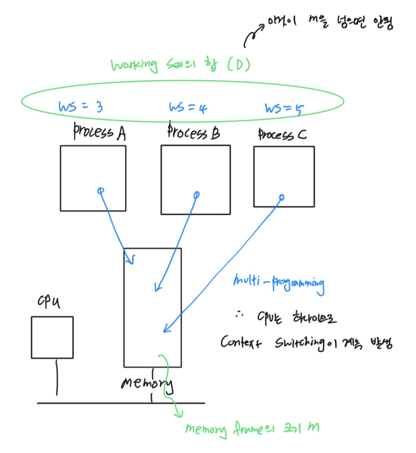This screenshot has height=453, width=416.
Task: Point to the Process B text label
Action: click(x=194, y=132)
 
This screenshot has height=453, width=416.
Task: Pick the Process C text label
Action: click(x=282, y=135)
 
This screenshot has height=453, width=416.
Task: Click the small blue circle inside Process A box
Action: click(x=100, y=190)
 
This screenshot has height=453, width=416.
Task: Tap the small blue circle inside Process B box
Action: click(x=197, y=195)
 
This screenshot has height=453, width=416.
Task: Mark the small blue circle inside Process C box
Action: click(x=282, y=198)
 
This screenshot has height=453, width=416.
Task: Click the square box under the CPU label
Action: click(x=52, y=337)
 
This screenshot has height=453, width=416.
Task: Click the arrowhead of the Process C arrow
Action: click(x=165, y=330)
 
